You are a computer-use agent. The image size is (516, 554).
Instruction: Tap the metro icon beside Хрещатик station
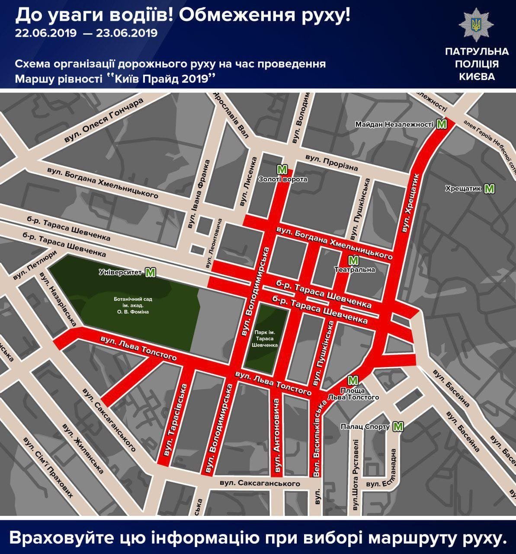pyautogui.click(x=489, y=189)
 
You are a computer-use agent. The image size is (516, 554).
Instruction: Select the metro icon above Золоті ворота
pyautogui.click(x=282, y=169)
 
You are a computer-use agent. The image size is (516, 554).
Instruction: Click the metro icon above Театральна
pyautogui.click(x=353, y=261)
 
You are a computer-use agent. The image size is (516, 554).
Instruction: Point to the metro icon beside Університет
pyautogui.click(x=150, y=273)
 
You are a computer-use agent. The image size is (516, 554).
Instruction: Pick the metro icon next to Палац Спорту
pyautogui.click(x=397, y=427)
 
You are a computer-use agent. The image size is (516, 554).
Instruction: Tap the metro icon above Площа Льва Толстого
pyautogui.click(x=353, y=380)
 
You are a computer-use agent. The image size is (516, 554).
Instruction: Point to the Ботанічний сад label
pyautogui.click(x=133, y=305)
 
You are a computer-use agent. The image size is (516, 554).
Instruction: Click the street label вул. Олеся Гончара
pyautogui.click(x=104, y=121)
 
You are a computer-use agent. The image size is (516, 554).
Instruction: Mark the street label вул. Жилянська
pyautogui.click(x=83, y=448)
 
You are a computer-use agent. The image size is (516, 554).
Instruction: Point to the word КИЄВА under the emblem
pyautogui.click(x=477, y=77)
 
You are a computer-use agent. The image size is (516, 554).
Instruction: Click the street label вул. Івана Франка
pyautogui.click(x=198, y=194)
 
